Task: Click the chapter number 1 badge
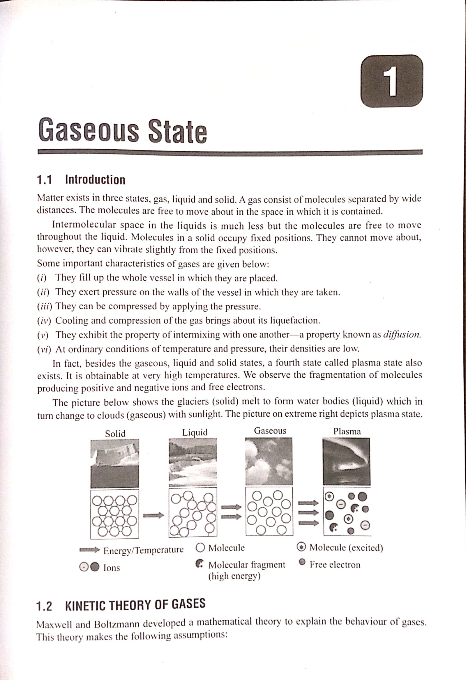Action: click(392, 81)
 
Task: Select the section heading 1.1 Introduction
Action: click(81, 180)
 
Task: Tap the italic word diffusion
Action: click(402, 335)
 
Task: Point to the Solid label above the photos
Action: click(115, 434)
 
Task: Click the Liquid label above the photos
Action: click(195, 432)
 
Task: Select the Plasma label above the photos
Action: click(347, 431)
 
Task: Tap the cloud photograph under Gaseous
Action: click(269, 461)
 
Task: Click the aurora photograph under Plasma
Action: click(346, 461)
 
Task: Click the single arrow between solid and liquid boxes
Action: click(153, 515)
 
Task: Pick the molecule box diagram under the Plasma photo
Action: click(347, 511)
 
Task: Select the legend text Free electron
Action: click(335, 565)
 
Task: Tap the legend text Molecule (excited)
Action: click(346, 547)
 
